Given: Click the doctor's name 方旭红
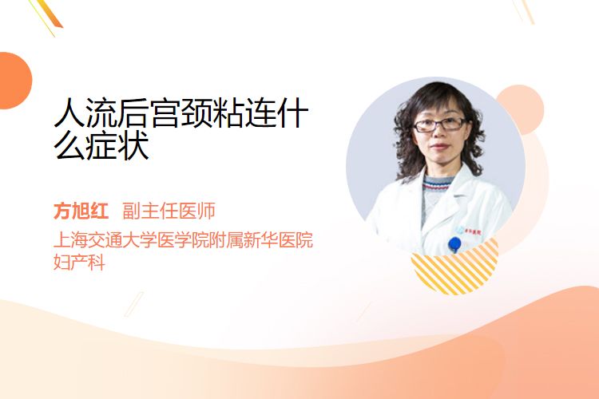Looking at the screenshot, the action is coord(81,211).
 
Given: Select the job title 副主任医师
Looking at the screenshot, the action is coord(169,211).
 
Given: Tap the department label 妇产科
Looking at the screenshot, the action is coord(79,263).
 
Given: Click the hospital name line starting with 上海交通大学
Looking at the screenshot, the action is coord(184,239).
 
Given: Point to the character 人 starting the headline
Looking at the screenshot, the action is coord(69,113).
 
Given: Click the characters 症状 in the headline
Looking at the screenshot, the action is coord(117,145).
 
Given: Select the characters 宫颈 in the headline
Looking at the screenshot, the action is coord(180,113).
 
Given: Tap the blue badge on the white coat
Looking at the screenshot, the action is coord(454,244).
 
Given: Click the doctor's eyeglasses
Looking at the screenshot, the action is coord(439,124).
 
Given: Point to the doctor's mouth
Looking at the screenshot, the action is coord(439,147).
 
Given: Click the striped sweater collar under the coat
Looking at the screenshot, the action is coord(438,184).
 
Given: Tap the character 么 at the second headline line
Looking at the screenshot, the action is coord(69,145).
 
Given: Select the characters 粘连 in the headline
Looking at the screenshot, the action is coord(244,113).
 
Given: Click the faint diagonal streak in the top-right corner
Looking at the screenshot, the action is coord(524,10).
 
